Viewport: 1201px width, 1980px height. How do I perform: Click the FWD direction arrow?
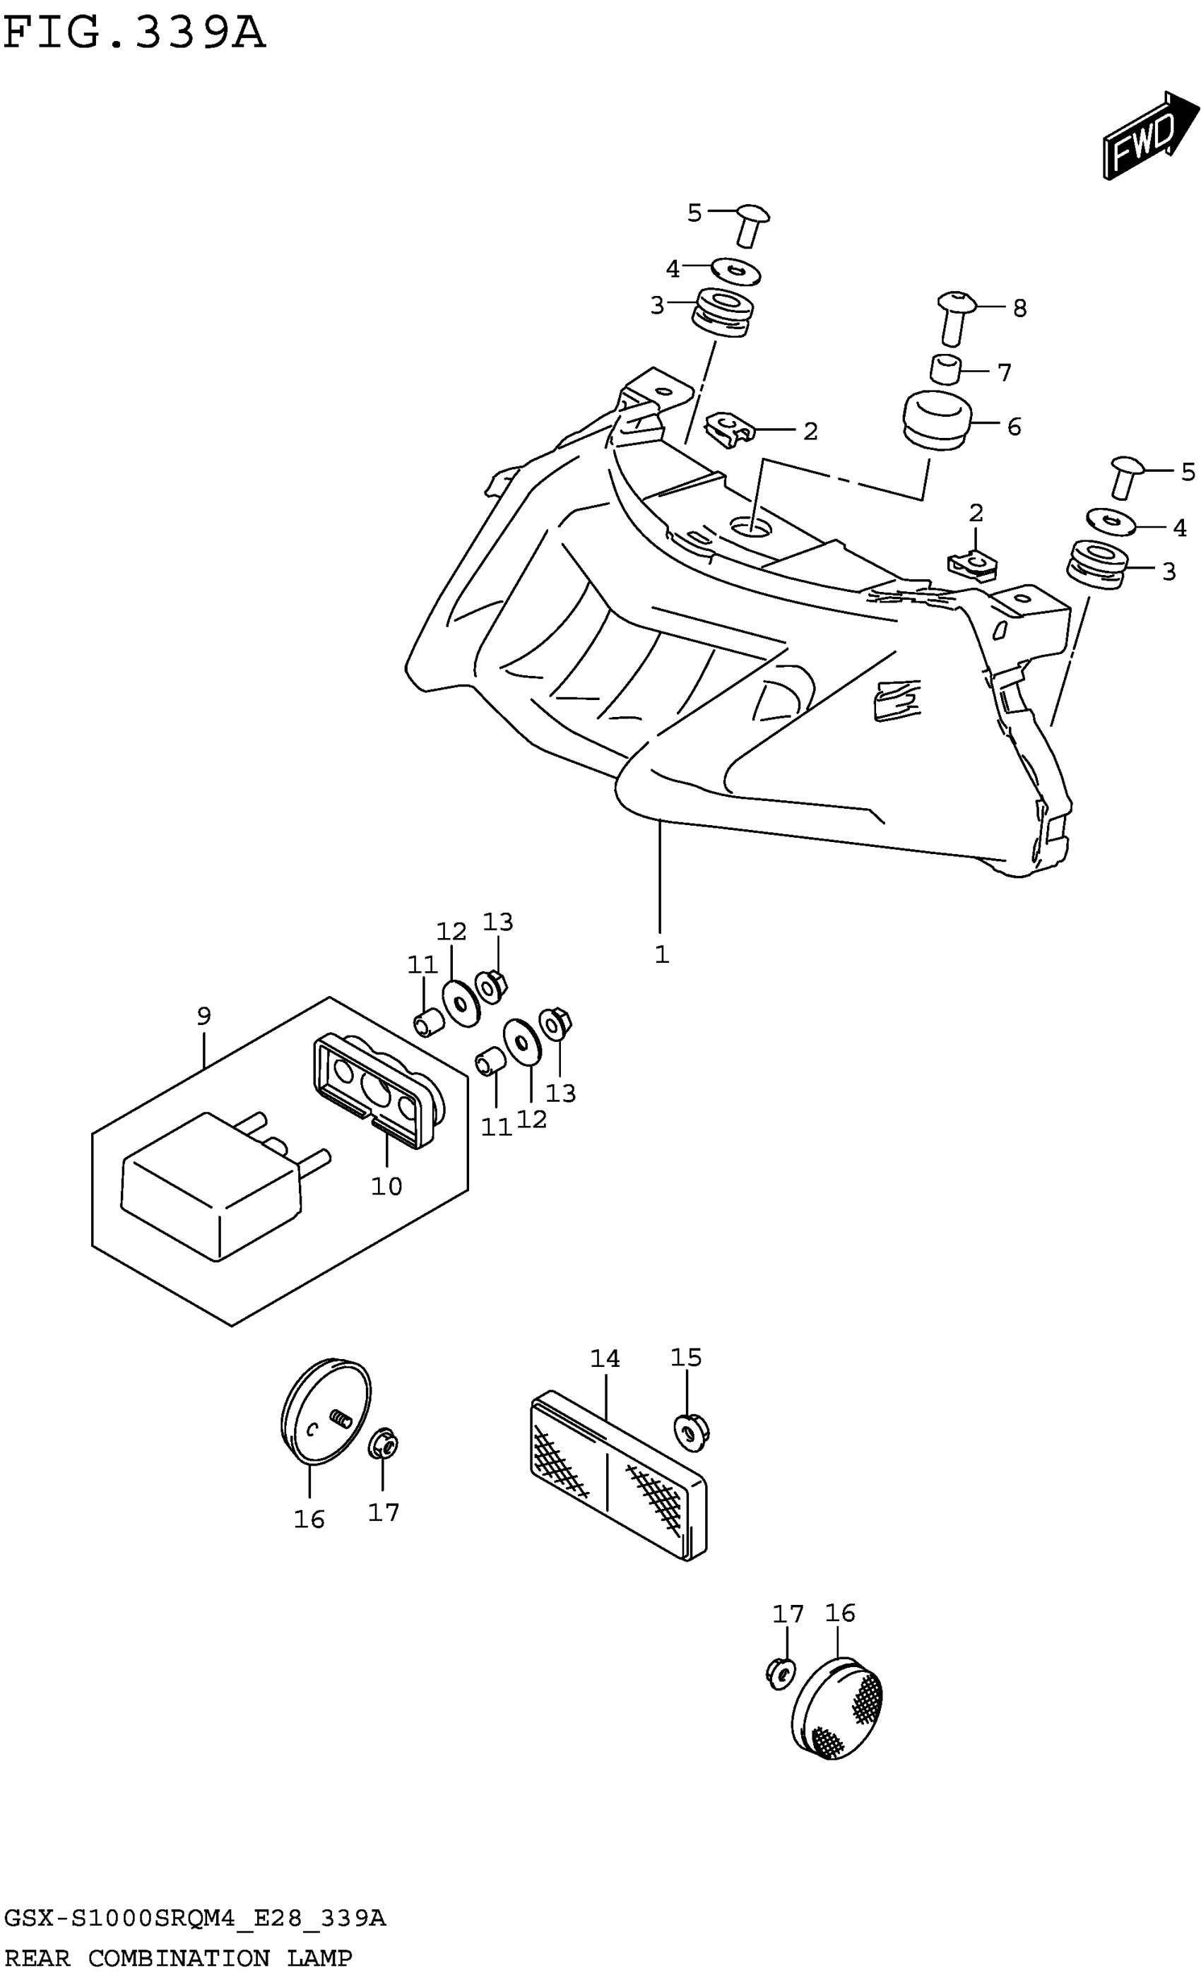pyautogui.click(x=1142, y=135)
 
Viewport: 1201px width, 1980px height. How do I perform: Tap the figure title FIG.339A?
pyautogui.click(x=134, y=33)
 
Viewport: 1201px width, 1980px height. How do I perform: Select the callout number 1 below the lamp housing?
pyautogui.click(x=661, y=954)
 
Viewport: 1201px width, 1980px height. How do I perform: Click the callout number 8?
pyautogui.click(x=1019, y=308)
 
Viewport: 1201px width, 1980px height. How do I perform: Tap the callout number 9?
pyautogui.click(x=204, y=1016)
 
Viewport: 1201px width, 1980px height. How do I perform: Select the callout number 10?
pyautogui.click(x=386, y=1186)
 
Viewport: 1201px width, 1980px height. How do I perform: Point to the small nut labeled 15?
pyautogui.click(x=690, y=1431)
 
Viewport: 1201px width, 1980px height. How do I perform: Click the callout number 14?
pyautogui.click(x=605, y=1359)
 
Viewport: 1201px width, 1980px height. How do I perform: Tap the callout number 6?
pyautogui.click(x=1014, y=427)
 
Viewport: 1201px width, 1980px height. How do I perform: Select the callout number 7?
pyautogui.click(x=1003, y=373)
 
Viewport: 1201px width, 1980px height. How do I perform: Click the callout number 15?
pyautogui.click(x=686, y=1357)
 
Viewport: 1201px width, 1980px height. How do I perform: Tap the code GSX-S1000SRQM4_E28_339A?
pyautogui.click(x=194, y=1920)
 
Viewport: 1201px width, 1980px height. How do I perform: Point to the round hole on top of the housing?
pyautogui.click(x=750, y=528)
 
